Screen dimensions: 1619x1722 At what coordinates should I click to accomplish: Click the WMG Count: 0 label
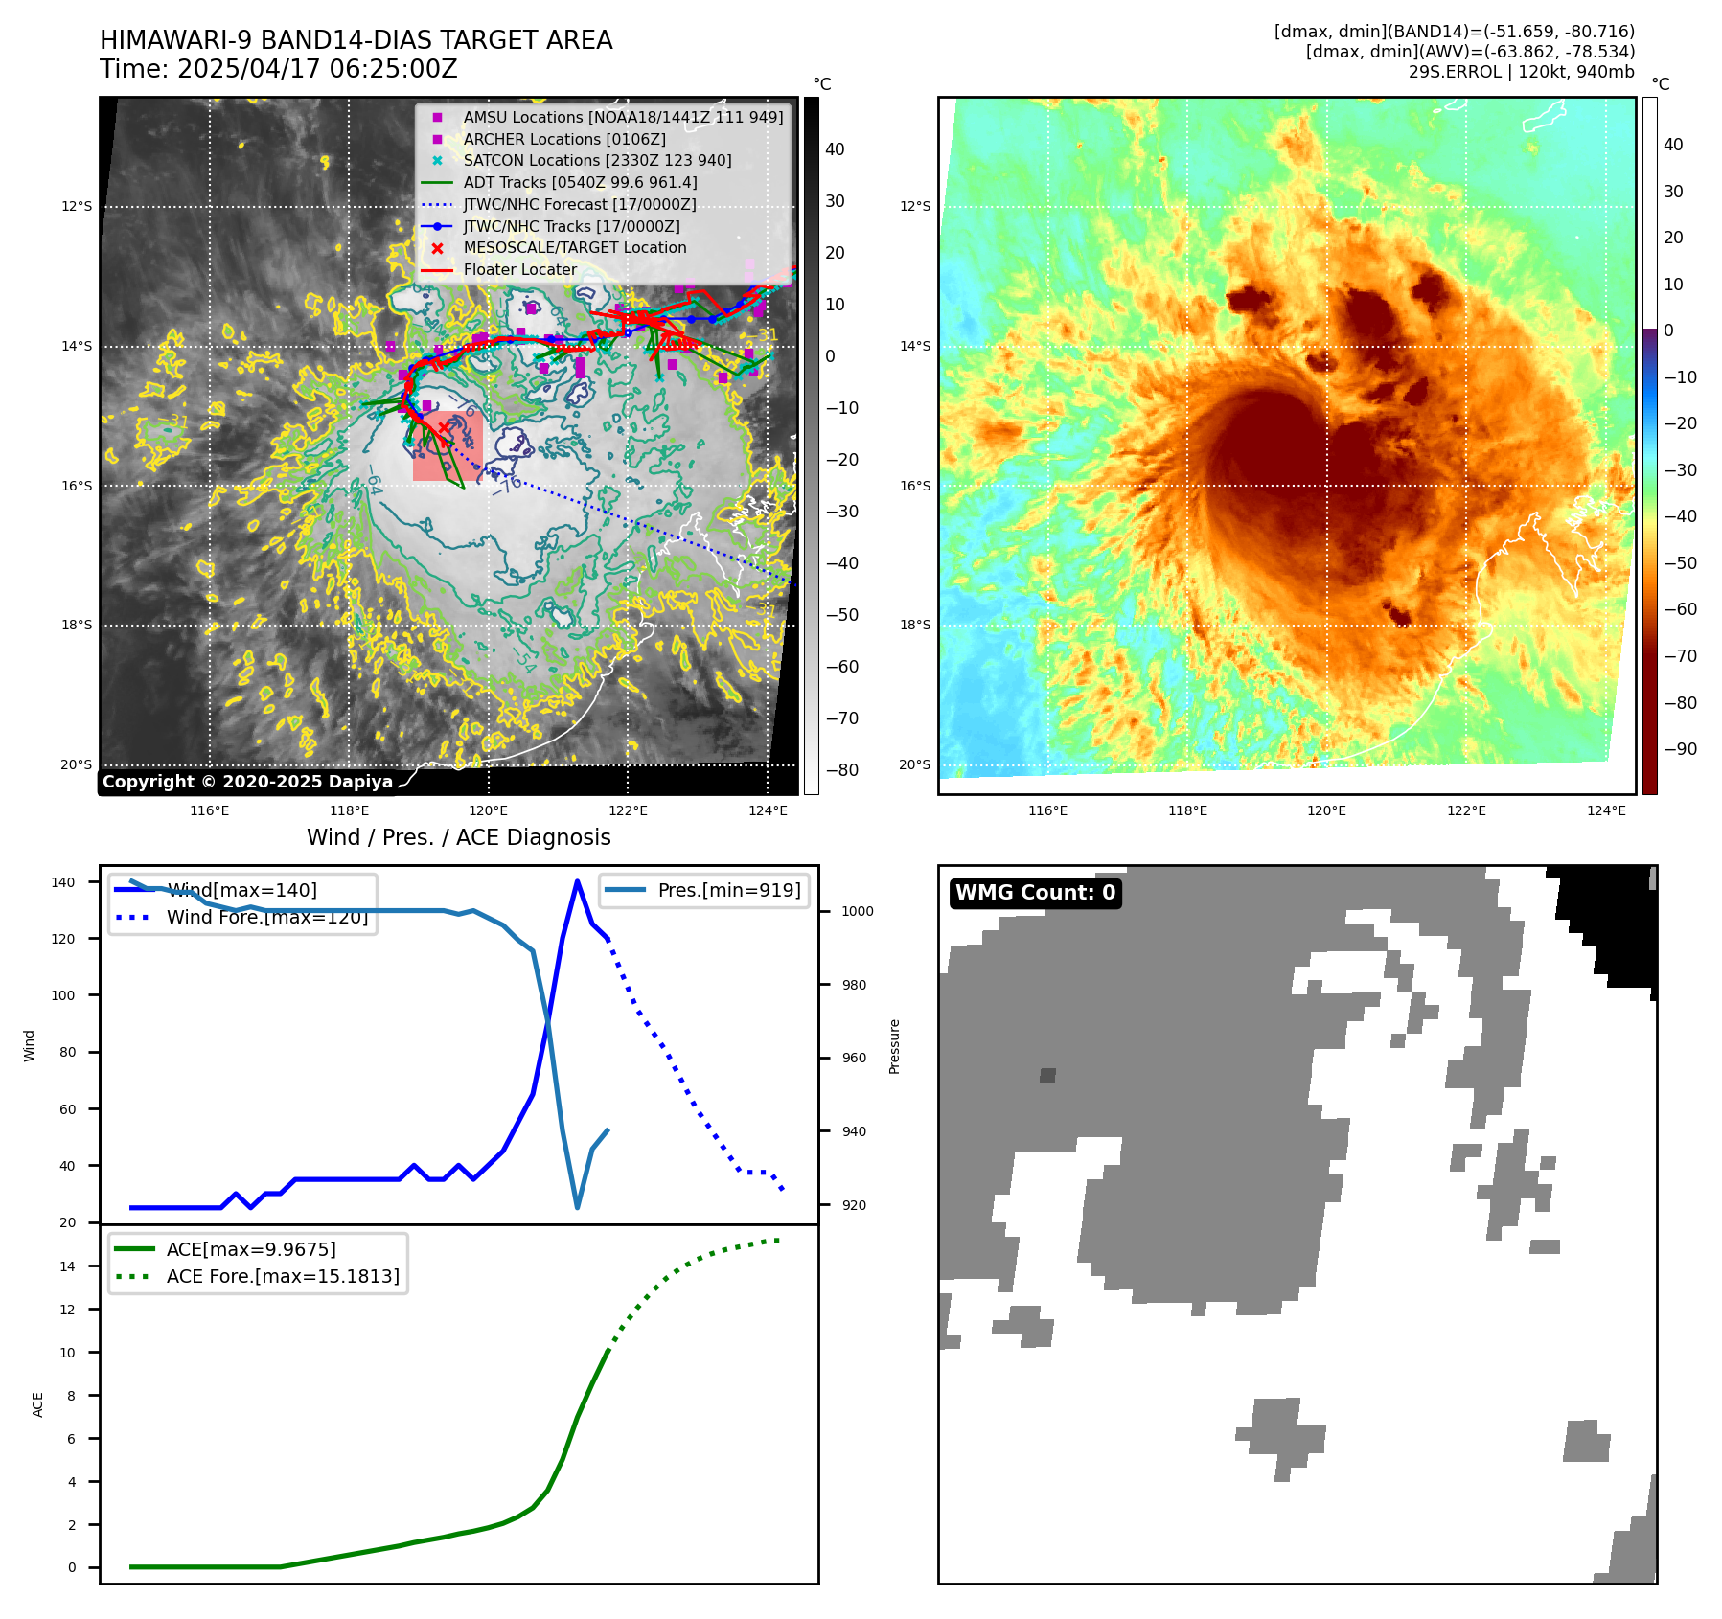tap(1035, 893)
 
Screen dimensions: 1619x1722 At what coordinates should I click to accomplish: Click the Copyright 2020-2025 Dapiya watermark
tap(247, 782)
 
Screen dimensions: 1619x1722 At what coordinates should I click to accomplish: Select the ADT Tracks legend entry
tap(580, 182)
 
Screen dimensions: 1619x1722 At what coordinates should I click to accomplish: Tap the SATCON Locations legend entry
tap(597, 160)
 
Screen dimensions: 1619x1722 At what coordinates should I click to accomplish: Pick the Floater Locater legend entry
tap(519, 269)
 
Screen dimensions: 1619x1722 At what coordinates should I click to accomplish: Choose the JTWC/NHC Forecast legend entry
tap(579, 204)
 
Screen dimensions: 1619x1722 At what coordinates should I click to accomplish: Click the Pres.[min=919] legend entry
tap(728, 890)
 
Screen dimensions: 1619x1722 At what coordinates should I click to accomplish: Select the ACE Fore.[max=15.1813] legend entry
tap(283, 1276)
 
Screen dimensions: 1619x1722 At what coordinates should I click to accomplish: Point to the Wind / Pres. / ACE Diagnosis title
tap(458, 837)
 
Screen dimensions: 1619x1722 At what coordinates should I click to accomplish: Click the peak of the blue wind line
tap(577, 881)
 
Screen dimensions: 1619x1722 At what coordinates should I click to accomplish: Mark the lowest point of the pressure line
tap(577, 1207)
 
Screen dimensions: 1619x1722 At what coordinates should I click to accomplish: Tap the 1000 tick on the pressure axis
tap(857, 911)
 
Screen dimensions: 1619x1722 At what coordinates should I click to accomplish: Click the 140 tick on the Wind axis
tap(62, 882)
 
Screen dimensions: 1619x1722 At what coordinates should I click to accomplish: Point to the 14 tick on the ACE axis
tap(67, 1266)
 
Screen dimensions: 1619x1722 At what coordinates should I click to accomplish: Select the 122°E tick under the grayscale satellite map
tap(628, 810)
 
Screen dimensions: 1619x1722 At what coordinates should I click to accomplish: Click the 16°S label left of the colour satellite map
tap(914, 486)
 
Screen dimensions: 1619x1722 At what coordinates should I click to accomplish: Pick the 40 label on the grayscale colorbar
tap(835, 149)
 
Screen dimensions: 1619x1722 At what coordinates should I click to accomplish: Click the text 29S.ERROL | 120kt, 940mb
tap(1521, 72)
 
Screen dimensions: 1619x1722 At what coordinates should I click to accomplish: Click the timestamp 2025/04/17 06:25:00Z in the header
tap(317, 70)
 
